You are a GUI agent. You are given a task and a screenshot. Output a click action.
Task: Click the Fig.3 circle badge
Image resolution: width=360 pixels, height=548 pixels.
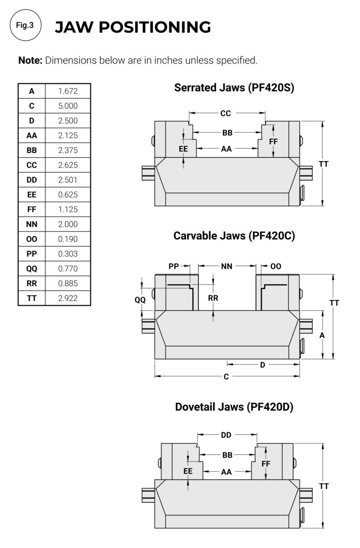point(25,26)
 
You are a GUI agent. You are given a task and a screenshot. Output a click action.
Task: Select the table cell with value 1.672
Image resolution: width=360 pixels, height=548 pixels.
point(68,91)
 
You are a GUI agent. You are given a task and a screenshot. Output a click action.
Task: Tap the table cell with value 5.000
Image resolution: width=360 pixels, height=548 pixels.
point(68,106)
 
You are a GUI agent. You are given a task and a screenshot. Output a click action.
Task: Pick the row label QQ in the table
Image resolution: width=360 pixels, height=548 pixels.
point(32,269)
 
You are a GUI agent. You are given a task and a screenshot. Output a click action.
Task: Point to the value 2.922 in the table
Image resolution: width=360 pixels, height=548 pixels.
point(68,299)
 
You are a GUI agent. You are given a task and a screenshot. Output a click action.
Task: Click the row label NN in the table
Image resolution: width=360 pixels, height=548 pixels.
point(32,225)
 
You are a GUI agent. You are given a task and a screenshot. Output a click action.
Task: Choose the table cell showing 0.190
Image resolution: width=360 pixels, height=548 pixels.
point(68,239)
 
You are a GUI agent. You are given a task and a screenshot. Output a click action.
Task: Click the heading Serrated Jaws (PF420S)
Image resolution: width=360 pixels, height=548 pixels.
point(234,88)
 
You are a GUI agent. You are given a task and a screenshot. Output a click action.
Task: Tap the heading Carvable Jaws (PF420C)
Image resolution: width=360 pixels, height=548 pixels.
point(234,236)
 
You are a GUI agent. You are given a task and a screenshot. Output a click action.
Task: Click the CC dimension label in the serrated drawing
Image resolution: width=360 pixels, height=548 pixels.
point(226,113)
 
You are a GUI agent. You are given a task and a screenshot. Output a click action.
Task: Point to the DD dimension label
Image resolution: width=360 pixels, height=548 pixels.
point(226,435)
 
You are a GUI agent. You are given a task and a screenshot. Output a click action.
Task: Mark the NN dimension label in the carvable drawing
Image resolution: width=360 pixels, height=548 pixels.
point(227,266)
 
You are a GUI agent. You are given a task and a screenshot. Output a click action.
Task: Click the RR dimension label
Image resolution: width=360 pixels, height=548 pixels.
point(213,298)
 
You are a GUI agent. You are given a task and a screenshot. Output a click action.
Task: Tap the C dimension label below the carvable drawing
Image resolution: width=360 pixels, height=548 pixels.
point(226,377)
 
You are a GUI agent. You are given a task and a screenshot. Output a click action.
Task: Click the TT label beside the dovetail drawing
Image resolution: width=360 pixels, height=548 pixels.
point(324,487)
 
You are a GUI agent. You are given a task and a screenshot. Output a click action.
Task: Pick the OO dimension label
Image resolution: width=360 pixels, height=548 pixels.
point(276,266)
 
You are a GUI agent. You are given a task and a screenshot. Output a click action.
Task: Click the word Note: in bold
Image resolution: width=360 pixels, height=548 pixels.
point(31,60)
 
